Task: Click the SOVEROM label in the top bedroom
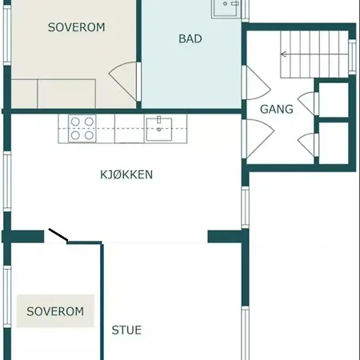point(76,27)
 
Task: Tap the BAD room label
point(190,38)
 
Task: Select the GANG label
point(276,109)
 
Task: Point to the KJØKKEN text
point(126,174)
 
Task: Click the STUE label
point(126,329)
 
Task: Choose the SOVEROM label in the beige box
point(54,311)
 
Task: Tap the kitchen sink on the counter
point(166,126)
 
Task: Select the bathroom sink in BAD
point(226,9)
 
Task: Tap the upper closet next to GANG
point(334,99)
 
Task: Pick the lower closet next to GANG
point(334,142)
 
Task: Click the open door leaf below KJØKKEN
point(58,235)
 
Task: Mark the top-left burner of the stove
point(76,122)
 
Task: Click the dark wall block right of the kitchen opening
point(225,236)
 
